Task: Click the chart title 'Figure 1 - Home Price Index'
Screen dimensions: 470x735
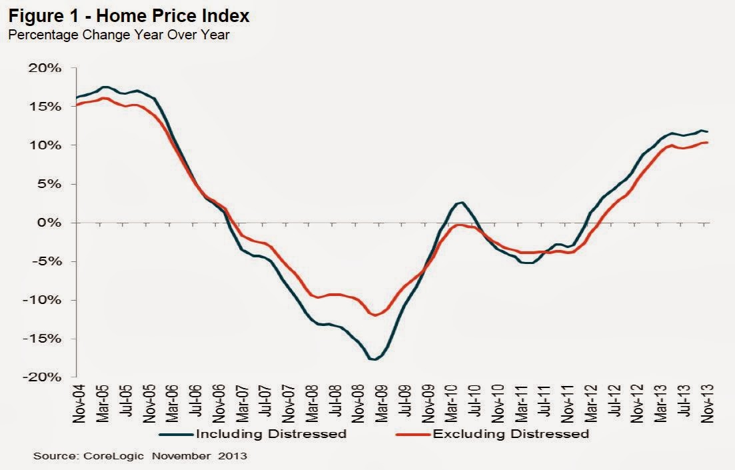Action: coord(129,15)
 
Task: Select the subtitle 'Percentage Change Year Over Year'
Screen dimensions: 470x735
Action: coord(118,35)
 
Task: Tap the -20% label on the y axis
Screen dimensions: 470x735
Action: coord(45,377)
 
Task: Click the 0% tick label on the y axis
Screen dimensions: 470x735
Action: coord(51,223)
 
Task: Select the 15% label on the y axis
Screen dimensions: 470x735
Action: coord(47,107)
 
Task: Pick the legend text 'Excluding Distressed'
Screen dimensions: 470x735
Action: coord(511,434)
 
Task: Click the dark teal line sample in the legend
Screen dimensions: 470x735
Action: coord(175,435)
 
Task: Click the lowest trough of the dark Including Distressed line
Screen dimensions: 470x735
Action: coord(374,360)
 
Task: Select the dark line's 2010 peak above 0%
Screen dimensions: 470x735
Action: coord(462,203)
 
